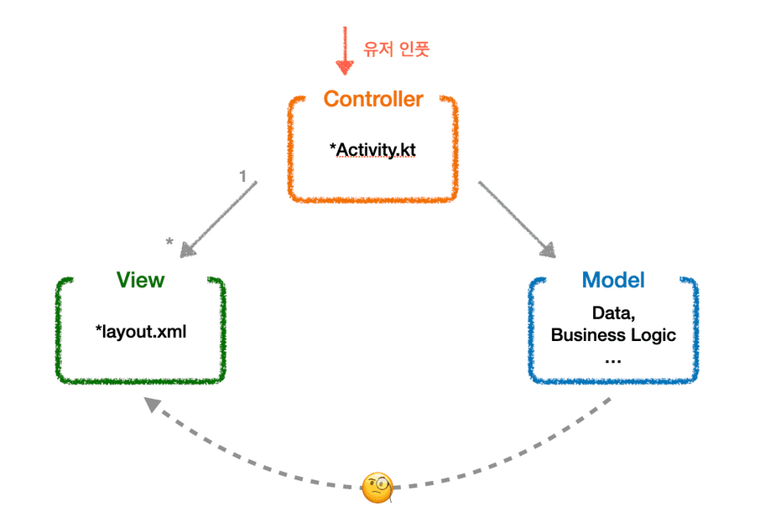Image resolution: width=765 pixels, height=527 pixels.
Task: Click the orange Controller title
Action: coord(373,99)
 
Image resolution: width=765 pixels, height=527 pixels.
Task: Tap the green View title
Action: coord(140,280)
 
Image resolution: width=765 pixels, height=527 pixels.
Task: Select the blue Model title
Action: coord(613,280)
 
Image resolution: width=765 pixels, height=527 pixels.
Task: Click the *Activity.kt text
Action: coord(373,150)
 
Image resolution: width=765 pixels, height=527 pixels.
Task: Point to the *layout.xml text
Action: coord(141,331)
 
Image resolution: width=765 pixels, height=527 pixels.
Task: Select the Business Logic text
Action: coord(613,335)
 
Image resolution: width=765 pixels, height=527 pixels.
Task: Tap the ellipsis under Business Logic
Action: coord(612,359)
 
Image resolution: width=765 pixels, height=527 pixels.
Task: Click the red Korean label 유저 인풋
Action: coord(396,49)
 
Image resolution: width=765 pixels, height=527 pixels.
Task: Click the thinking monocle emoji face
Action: coord(377,487)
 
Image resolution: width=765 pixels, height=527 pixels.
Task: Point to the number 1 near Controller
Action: coord(243,177)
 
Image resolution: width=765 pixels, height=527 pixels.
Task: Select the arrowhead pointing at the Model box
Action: coord(549,249)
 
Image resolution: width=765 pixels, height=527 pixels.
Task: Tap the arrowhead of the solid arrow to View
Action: coord(187,249)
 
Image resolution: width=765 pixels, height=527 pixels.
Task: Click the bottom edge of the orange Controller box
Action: coord(373,200)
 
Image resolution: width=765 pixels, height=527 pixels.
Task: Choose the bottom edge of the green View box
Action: coord(141,382)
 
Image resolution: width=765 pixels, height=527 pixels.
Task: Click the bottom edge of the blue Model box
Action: coord(613,382)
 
